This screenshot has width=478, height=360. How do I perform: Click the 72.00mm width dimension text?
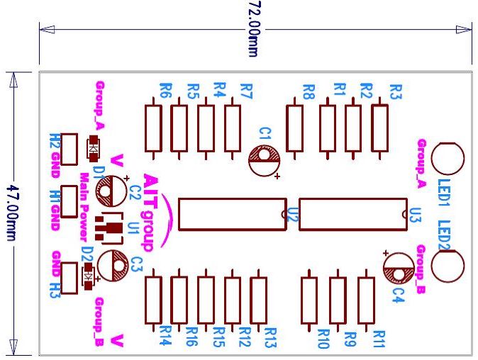[253, 28]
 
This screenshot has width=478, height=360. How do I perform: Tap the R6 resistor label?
[166, 91]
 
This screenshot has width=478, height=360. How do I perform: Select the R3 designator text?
[396, 91]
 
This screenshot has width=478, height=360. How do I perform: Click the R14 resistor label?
[166, 335]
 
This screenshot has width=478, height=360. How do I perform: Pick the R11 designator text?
[378, 339]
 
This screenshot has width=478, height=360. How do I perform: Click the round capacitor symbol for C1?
[265, 157]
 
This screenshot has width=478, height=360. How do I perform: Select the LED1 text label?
[444, 191]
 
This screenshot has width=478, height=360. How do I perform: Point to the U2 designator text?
[291, 213]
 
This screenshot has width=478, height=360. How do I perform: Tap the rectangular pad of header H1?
[70, 201]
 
